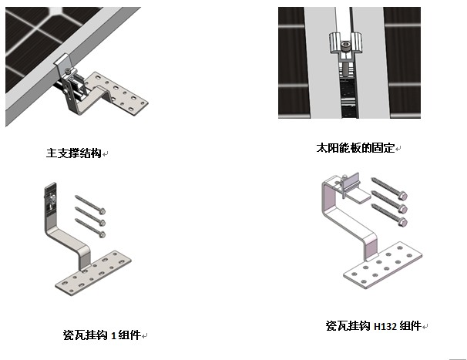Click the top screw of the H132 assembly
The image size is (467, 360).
[388, 188]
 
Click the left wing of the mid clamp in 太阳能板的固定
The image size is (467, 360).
[334, 45]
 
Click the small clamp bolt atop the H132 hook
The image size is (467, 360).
[348, 183]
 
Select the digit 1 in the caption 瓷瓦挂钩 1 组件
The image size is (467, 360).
[113, 335]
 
